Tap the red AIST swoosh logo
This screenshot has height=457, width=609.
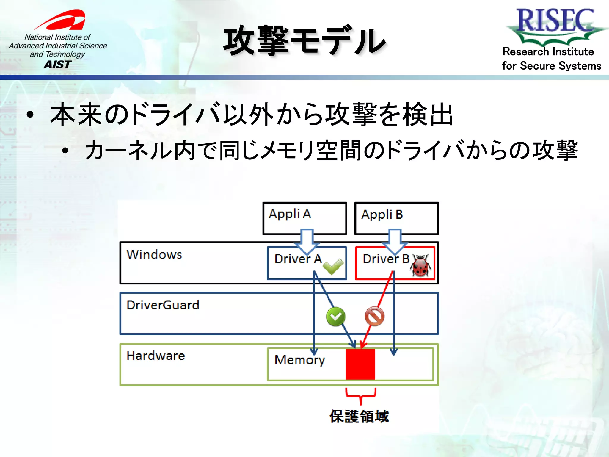[62, 20]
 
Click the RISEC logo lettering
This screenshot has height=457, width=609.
[555, 20]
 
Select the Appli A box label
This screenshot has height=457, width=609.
[290, 214]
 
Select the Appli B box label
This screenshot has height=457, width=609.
[382, 215]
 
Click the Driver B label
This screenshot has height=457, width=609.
[386, 259]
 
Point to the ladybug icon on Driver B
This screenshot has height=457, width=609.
[420, 266]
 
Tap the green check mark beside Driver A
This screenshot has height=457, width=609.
[333, 266]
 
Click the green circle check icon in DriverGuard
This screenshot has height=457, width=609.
[336, 317]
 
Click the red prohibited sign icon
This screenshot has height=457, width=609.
[374, 317]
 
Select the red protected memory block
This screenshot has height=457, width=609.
[360, 364]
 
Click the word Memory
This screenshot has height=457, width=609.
[299, 360]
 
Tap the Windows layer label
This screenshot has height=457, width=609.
[154, 255]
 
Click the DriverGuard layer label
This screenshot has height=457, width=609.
[163, 305]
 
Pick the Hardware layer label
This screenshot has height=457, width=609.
[156, 356]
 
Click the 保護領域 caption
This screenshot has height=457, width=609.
[359, 416]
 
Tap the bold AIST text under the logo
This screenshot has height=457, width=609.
[58, 64]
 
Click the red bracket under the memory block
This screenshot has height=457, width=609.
[361, 396]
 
